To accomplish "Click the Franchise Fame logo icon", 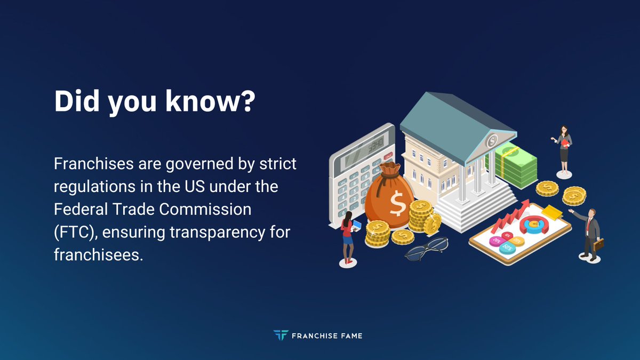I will coord(280,335).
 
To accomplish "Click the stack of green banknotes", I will coord(515,165).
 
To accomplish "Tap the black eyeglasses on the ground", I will coord(426,248).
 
